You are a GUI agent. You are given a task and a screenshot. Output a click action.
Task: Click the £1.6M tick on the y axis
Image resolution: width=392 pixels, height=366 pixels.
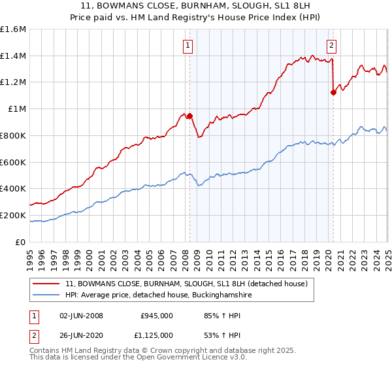(x=13, y=29)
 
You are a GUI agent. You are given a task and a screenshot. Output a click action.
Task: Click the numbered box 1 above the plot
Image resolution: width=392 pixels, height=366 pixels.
(x=188, y=46)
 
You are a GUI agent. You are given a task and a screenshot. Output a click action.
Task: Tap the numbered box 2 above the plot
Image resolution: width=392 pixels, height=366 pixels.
(x=331, y=46)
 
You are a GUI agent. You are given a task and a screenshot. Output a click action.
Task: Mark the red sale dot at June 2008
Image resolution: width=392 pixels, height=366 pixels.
(x=190, y=116)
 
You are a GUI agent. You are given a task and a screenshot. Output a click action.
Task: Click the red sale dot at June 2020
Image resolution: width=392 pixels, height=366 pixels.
(x=333, y=92)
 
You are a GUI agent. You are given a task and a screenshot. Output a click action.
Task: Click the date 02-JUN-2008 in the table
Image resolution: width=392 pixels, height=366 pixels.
(x=82, y=316)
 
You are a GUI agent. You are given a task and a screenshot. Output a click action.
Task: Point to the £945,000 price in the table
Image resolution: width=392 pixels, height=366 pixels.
(x=157, y=316)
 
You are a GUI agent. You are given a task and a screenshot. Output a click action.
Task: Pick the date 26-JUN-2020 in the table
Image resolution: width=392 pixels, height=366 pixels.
(x=82, y=335)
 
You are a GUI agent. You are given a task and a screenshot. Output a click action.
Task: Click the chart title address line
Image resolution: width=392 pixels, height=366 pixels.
(x=196, y=8)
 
